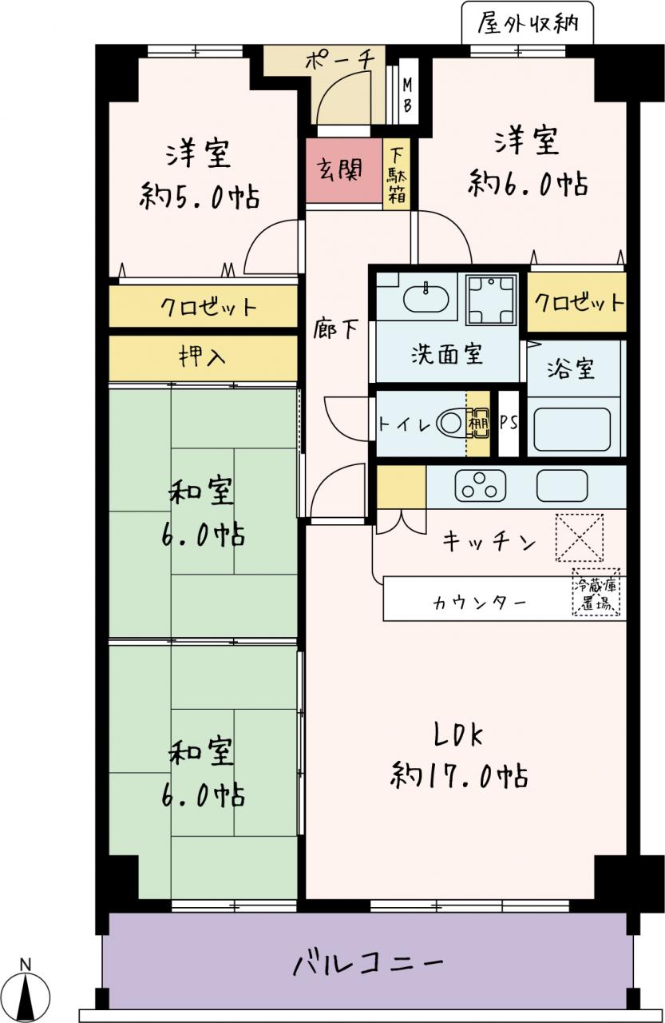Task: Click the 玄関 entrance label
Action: (x=340, y=170)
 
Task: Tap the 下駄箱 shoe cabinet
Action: (x=396, y=173)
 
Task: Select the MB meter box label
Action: (x=407, y=95)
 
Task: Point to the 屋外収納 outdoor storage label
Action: (x=528, y=23)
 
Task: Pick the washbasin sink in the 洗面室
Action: (x=426, y=298)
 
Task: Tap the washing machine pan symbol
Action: (x=491, y=299)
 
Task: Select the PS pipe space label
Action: (x=509, y=423)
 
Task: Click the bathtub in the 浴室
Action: (x=572, y=429)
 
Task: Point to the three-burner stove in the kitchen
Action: (x=481, y=484)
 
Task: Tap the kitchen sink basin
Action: (x=562, y=485)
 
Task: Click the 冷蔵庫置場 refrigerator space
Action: (x=596, y=592)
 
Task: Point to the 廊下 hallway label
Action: (x=335, y=328)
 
